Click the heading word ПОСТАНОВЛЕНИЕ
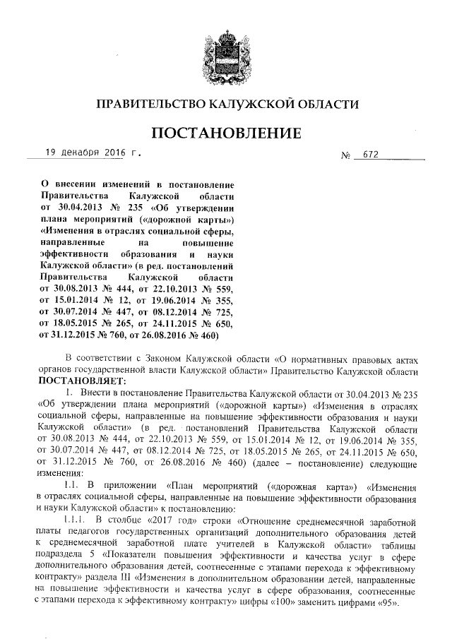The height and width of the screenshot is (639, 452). click(226, 132)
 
